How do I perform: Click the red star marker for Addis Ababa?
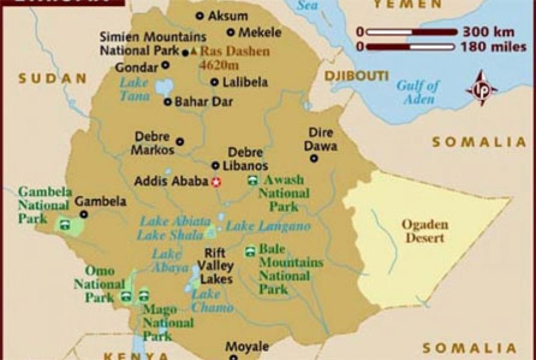(x=216, y=182)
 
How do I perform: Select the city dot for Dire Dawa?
(x=314, y=158)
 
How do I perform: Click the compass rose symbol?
(x=481, y=89)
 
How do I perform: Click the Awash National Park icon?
(x=252, y=181)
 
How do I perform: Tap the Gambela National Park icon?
(x=64, y=226)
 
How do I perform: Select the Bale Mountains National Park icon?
(x=250, y=252)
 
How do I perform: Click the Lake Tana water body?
(x=163, y=87)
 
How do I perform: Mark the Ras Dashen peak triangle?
(x=194, y=52)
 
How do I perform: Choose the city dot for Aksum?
(x=200, y=16)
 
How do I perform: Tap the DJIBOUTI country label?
(x=356, y=76)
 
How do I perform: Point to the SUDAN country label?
(x=52, y=78)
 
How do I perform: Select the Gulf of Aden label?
(x=418, y=92)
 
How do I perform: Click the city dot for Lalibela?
(x=214, y=83)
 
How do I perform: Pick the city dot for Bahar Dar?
(x=167, y=102)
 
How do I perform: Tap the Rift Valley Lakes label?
(x=216, y=266)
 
